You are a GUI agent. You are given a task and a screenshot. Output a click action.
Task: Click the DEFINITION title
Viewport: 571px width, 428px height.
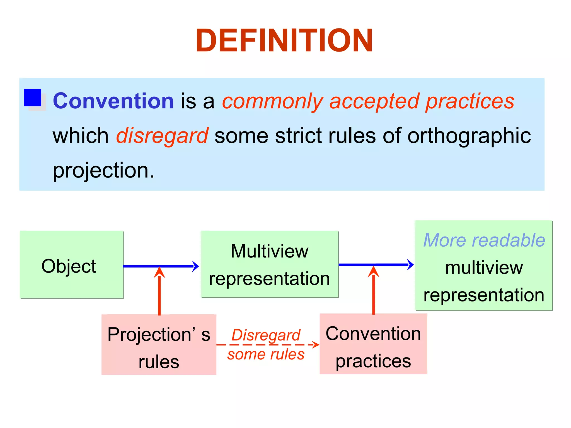284,41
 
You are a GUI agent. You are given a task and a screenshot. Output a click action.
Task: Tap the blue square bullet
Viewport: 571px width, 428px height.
33,98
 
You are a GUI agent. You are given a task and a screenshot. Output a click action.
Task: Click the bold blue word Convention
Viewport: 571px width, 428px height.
113,101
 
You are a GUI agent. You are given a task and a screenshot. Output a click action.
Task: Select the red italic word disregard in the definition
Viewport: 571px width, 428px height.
162,136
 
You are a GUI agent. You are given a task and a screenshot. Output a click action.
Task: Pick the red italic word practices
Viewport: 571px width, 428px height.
470,101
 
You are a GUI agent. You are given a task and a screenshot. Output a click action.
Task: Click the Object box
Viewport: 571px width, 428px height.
71,265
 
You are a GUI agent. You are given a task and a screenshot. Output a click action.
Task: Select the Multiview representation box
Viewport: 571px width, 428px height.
270,264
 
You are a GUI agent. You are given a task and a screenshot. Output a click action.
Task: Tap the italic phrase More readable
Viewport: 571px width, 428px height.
484,240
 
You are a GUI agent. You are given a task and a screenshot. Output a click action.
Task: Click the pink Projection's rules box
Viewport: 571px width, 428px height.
159,345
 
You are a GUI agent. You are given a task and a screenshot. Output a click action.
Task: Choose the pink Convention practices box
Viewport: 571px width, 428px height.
373,344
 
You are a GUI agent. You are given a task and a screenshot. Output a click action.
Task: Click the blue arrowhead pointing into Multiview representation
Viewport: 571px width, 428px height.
196,266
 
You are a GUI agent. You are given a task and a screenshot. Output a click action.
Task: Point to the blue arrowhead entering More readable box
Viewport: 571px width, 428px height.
410,264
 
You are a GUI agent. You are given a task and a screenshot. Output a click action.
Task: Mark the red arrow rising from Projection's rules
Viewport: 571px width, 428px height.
159,293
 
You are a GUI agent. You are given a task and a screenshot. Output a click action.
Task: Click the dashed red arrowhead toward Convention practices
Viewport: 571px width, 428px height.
316,345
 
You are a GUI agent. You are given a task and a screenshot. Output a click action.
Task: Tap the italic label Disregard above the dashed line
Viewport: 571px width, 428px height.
266,335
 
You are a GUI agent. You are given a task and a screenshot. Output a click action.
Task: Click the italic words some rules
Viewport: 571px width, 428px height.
266,354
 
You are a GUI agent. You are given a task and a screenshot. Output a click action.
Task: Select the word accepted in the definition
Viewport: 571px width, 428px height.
374,101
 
